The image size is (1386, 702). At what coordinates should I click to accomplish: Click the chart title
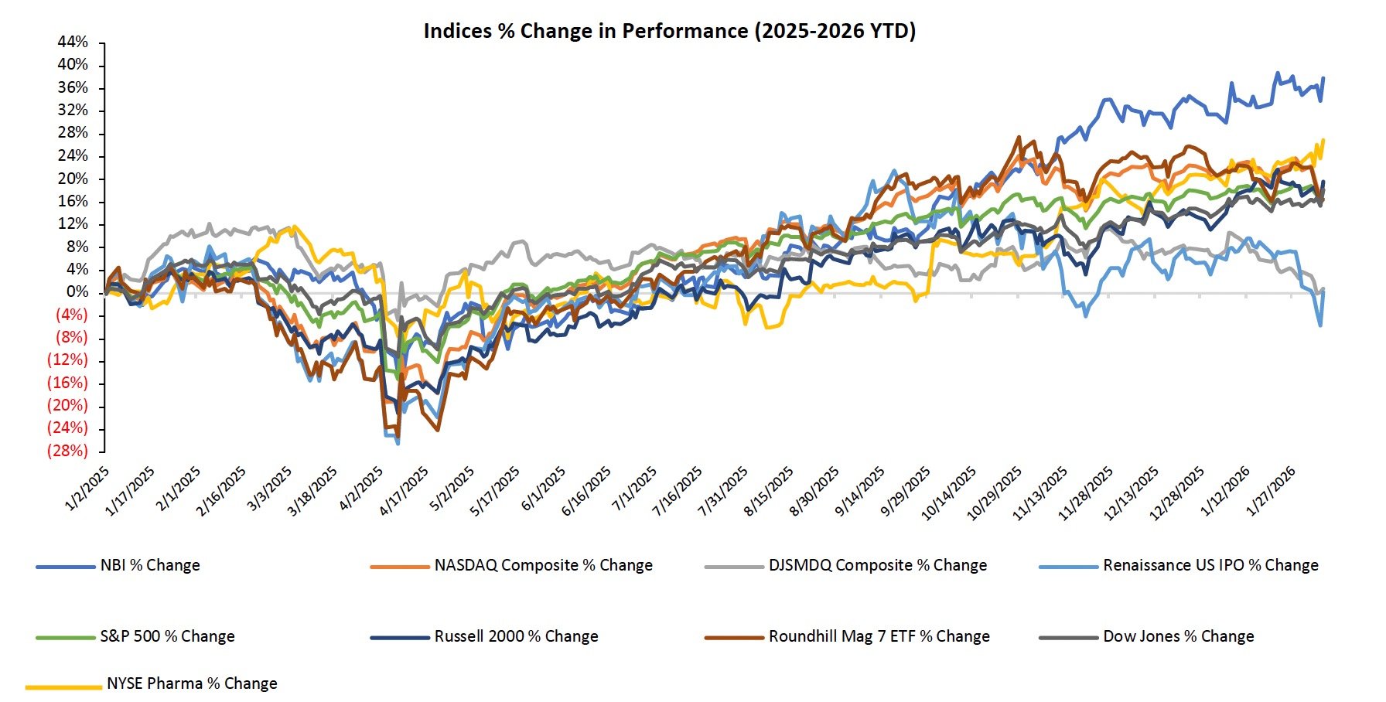669,31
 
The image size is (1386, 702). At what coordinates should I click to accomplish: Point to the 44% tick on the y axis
73,42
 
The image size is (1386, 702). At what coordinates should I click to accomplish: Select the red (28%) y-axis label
67,451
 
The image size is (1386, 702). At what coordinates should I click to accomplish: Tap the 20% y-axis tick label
73,179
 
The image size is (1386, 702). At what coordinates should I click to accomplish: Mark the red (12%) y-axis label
67,360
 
